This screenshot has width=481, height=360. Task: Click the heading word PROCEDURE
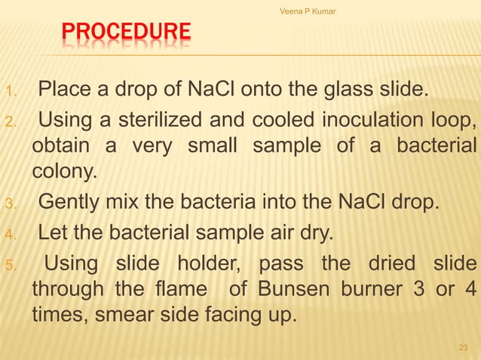[x=126, y=33]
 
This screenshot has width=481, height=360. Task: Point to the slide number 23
[x=463, y=347]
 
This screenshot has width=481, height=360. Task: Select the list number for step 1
[x=9, y=93]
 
